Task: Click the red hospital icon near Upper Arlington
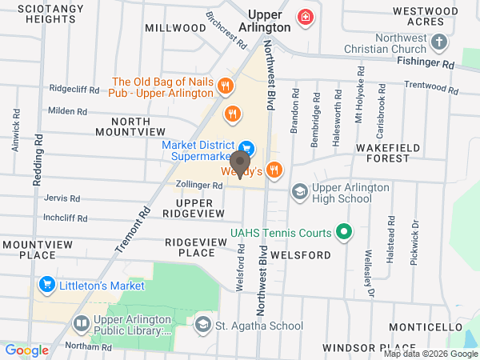click(305, 17)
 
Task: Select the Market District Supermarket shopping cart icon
click(246, 147)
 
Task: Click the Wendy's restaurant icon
click(274, 169)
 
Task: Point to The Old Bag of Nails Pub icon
click(226, 86)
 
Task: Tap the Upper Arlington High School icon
click(299, 191)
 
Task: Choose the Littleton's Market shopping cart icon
click(46, 285)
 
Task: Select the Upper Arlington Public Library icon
click(81, 324)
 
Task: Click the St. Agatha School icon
click(202, 325)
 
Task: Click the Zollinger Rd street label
click(199, 186)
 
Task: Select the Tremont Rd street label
click(134, 230)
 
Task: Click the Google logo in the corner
click(27, 350)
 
